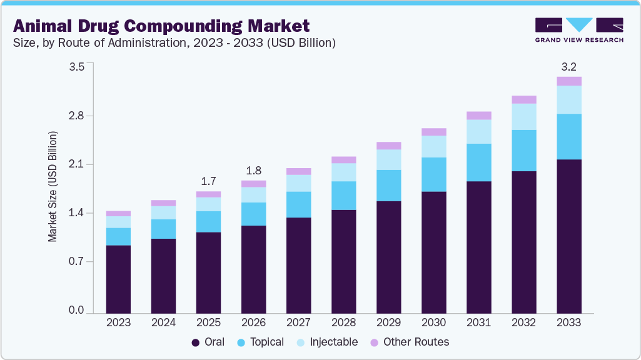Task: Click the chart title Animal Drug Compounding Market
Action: tap(161, 26)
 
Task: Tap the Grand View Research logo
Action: tap(579, 30)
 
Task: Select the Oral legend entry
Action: tap(209, 342)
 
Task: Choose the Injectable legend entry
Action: tap(329, 342)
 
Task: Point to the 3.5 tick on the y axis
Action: tap(76, 67)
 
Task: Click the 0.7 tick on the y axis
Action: tap(76, 262)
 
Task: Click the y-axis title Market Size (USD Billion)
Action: tap(53, 187)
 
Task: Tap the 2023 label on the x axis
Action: tap(118, 323)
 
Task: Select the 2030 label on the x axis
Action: tap(433, 323)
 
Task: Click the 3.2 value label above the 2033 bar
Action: tap(568, 66)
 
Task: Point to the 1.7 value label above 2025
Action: tap(208, 181)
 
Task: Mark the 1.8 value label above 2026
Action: tap(253, 170)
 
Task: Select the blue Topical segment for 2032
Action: tap(523, 151)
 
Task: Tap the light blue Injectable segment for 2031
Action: tap(478, 131)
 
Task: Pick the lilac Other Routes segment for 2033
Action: tap(568, 81)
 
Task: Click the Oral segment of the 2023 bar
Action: tap(118, 279)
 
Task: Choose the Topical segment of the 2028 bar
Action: tap(343, 196)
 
